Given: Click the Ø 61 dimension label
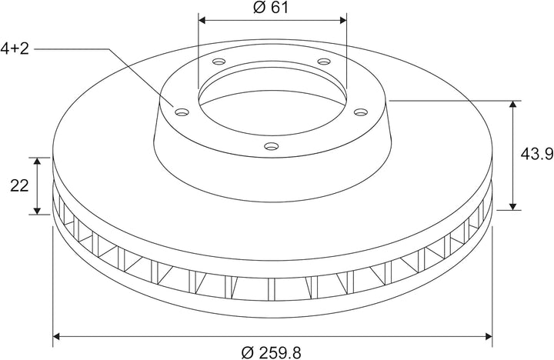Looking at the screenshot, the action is pos(271,8).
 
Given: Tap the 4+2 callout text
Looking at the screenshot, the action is pos(15,48).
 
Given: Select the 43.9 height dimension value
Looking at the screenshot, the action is pos(537,154).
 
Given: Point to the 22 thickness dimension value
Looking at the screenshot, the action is pos(19,185).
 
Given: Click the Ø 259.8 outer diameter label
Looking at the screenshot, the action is pos(272,352).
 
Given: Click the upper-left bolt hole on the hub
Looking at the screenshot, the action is pos(219,62).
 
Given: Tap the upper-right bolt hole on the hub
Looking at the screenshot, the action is pos(324,62).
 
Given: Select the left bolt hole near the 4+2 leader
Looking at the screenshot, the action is pos(182,112).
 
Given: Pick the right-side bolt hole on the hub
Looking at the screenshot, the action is pos(361,112).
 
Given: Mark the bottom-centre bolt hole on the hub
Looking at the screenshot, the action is pos(272,146).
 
